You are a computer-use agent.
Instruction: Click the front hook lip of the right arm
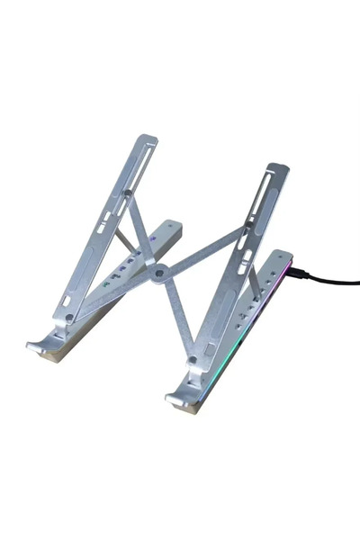tap(176, 396)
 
